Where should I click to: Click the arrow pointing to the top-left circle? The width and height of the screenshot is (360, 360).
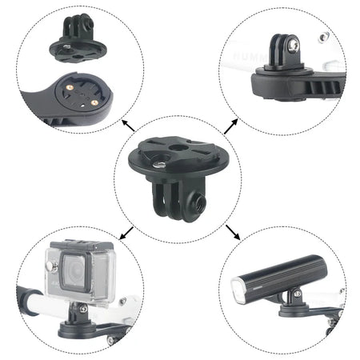point(126,123)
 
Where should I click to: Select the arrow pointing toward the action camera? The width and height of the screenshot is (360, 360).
point(126,233)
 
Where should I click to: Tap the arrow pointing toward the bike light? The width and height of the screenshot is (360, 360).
point(233,234)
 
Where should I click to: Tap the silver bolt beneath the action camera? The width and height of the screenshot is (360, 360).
point(80,307)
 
